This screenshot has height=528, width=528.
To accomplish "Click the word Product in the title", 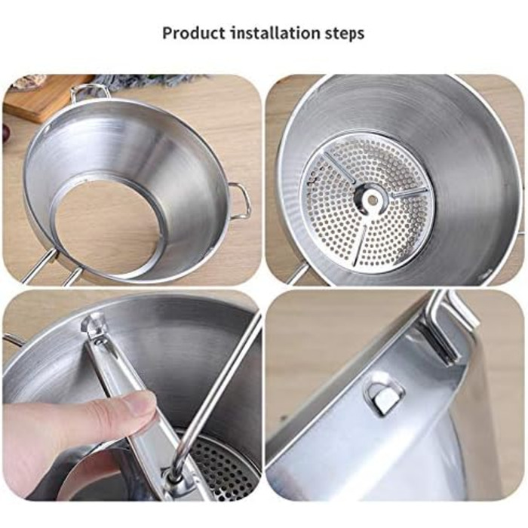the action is pyautogui.click(x=194, y=34).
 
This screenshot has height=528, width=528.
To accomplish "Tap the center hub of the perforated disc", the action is pyautogui.click(x=372, y=198).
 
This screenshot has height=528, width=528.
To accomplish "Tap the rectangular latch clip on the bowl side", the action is pyautogui.click(x=385, y=397).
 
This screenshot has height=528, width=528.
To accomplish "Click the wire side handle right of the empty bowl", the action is pyautogui.click(x=241, y=201).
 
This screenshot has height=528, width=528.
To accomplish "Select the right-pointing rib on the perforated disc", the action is pyautogui.click(x=408, y=193).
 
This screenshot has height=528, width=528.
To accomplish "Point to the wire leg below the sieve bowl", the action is pyautogui.click(x=296, y=275).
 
